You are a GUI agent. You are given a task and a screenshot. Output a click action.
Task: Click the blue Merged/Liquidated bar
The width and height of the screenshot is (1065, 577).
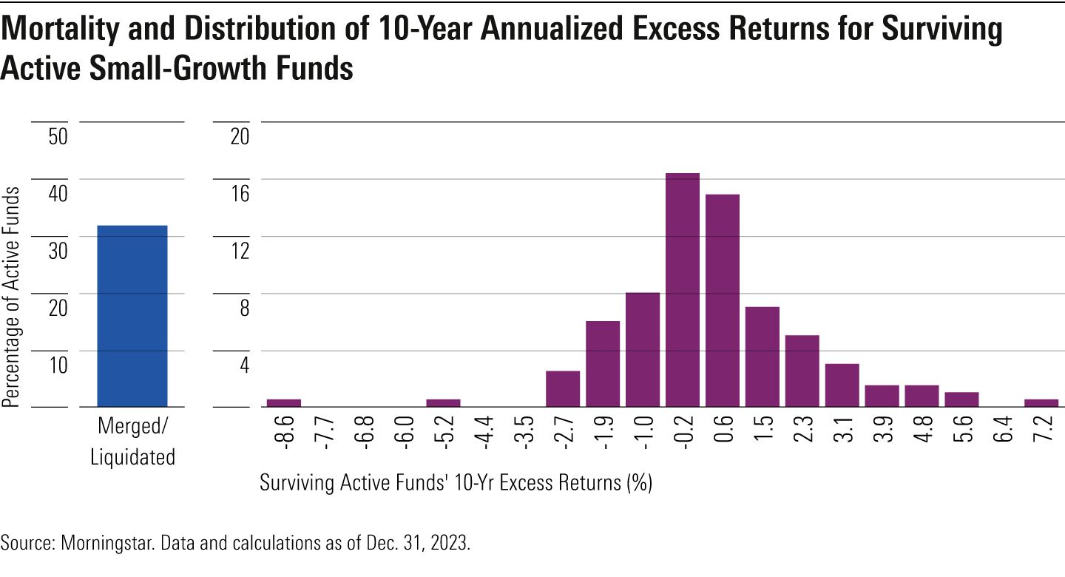coord(132,316)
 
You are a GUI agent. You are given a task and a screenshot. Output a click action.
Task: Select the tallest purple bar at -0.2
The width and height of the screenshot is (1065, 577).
coord(682,290)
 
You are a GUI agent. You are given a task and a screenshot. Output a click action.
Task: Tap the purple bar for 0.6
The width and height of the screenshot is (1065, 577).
coord(722,300)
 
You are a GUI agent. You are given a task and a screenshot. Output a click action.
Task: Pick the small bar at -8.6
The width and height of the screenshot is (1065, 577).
coord(284,402)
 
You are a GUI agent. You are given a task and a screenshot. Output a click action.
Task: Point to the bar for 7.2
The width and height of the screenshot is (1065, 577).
coord(1041,402)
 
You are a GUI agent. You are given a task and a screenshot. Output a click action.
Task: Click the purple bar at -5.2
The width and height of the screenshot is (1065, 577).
coord(443,402)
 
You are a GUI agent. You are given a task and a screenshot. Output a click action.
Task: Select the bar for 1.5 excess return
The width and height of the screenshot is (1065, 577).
coord(762,357)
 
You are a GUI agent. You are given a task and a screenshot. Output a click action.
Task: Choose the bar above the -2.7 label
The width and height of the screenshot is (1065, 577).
coord(563,388)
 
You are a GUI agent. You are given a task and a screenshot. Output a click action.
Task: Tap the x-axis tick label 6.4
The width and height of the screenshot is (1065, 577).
coord(1001,435)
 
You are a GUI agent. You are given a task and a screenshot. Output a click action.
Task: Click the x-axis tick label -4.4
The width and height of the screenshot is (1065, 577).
coord(483,435)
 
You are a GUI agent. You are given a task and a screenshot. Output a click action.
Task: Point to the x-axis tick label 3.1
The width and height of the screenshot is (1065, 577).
coord(842,435)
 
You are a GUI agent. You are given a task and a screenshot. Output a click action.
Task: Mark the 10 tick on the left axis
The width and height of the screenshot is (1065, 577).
coord(58,365)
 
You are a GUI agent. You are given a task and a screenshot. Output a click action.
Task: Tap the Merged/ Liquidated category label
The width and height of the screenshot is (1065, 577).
coord(132,442)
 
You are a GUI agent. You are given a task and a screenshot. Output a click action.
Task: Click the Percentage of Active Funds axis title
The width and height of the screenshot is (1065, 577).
coord(11,296)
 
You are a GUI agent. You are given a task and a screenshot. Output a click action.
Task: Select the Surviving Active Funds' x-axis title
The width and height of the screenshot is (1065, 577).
coord(455,484)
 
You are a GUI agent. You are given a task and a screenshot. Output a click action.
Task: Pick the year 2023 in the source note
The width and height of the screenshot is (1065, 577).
coord(451,543)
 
